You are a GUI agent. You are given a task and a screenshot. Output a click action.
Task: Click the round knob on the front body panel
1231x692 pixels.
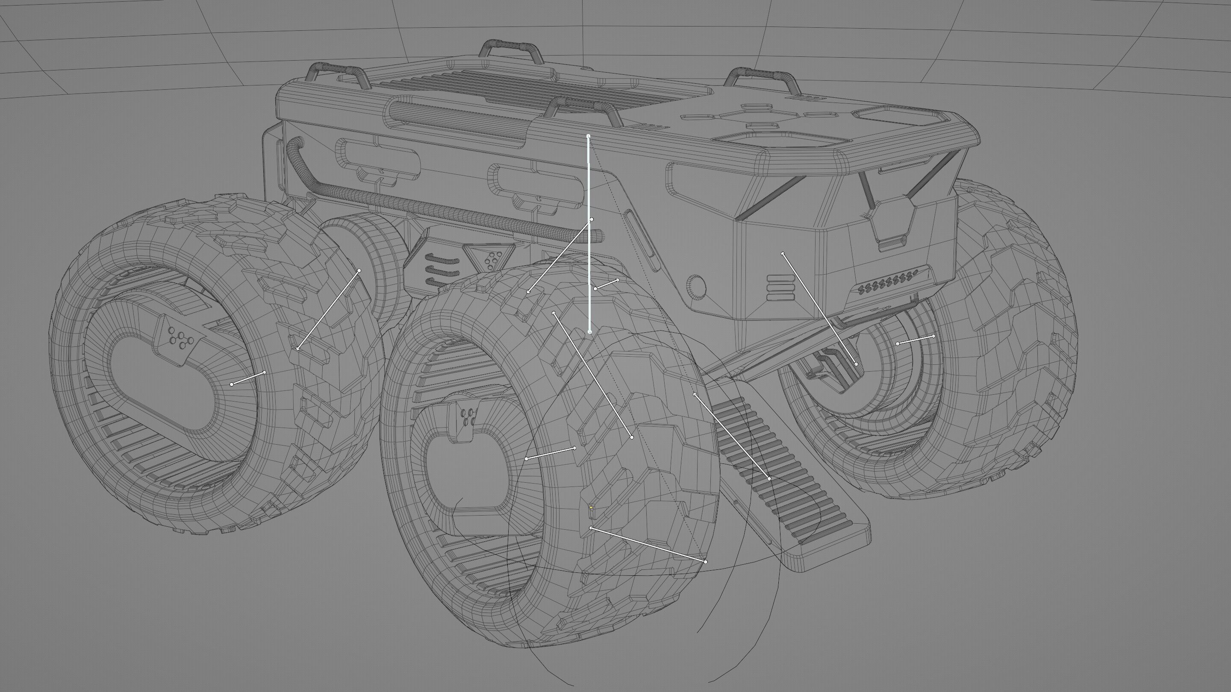696,287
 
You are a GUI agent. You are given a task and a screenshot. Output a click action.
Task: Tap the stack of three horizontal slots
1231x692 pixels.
780,287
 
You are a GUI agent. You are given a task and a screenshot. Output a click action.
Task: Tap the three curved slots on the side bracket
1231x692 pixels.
441,270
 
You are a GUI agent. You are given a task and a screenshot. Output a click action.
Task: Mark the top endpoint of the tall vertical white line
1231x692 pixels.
588,136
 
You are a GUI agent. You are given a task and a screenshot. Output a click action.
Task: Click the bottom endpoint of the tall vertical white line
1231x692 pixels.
590,332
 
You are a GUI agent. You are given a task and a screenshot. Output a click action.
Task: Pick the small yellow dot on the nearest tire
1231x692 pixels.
591,507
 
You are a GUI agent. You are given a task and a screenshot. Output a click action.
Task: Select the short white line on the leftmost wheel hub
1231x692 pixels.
248,378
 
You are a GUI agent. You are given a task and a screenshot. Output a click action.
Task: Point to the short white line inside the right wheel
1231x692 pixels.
915,340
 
